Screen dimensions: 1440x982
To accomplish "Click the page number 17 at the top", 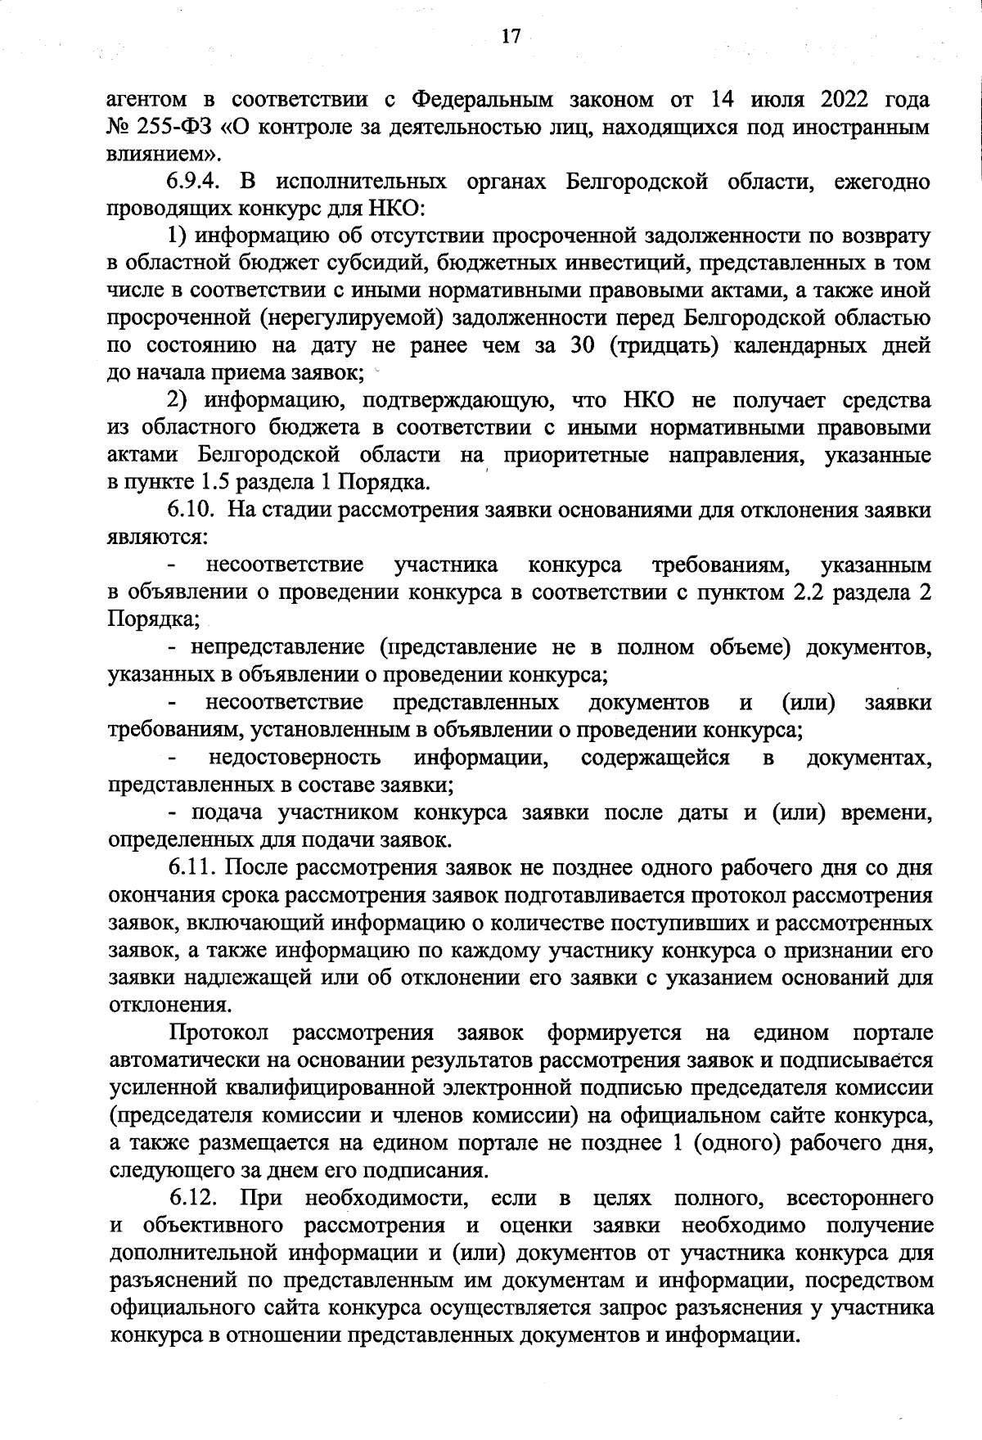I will click(511, 37).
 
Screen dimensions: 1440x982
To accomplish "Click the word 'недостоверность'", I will click(295, 758).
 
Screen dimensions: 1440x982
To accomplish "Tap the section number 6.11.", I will click(191, 868).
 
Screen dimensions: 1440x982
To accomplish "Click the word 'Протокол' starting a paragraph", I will click(218, 1033).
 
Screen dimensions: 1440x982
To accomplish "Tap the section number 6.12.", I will click(193, 1199).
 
